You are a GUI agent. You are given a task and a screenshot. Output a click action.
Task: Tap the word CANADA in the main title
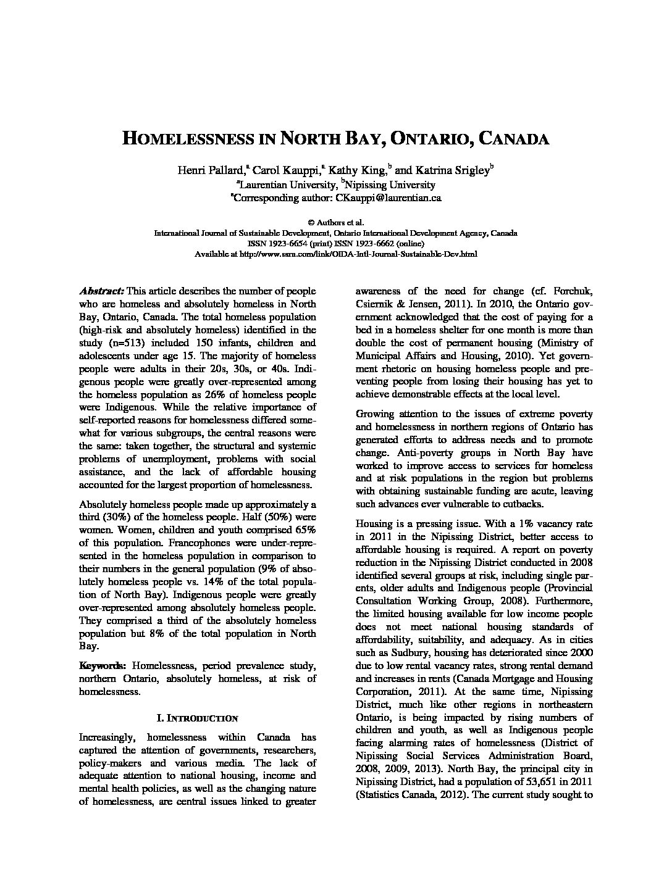[514, 138]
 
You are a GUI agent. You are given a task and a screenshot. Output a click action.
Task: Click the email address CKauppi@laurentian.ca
[388, 198]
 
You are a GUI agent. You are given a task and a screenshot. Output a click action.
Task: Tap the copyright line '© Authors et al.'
[335, 222]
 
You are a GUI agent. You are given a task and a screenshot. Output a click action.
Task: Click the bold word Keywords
[103, 665]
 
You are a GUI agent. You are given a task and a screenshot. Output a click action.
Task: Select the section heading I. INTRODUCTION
[197, 718]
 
